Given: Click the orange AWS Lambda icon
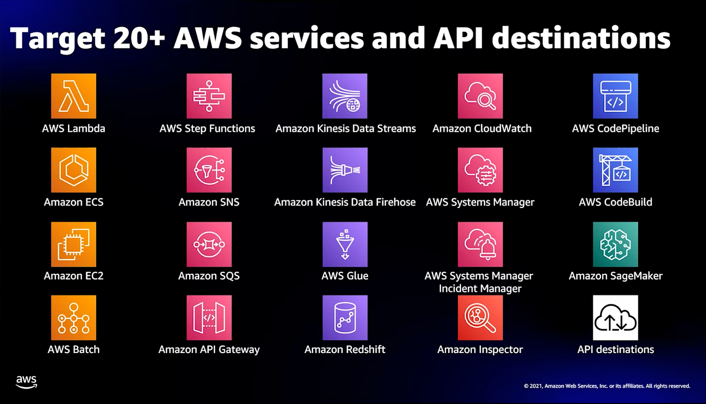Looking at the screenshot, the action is [x=74, y=96].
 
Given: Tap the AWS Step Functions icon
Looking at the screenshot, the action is [x=209, y=96].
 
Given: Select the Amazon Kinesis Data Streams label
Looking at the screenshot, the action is [x=345, y=129].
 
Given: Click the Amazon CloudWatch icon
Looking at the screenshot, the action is [x=480, y=96].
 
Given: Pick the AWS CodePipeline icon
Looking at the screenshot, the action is [x=615, y=96].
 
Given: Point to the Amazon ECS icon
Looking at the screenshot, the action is [x=74, y=170].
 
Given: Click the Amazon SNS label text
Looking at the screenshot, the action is [x=209, y=202].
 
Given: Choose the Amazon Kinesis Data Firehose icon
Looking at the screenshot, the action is [x=345, y=170].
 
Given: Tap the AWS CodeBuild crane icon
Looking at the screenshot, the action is [x=615, y=170].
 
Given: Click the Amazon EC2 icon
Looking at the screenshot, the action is [x=74, y=244].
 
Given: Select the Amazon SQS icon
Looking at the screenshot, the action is [x=209, y=244].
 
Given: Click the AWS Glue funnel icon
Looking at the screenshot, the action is [x=345, y=244].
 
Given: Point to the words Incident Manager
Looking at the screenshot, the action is [x=480, y=288].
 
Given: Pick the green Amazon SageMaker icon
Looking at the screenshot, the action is [x=615, y=244].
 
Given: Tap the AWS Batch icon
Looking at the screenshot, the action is [x=74, y=318].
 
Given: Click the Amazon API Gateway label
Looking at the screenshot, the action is [x=209, y=349].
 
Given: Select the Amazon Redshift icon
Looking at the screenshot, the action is [x=345, y=318].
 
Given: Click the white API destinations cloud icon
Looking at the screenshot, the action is [x=615, y=318].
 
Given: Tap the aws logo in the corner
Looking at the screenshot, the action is [x=26, y=382].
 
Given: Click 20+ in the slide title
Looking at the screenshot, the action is [x=139, y=38].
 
